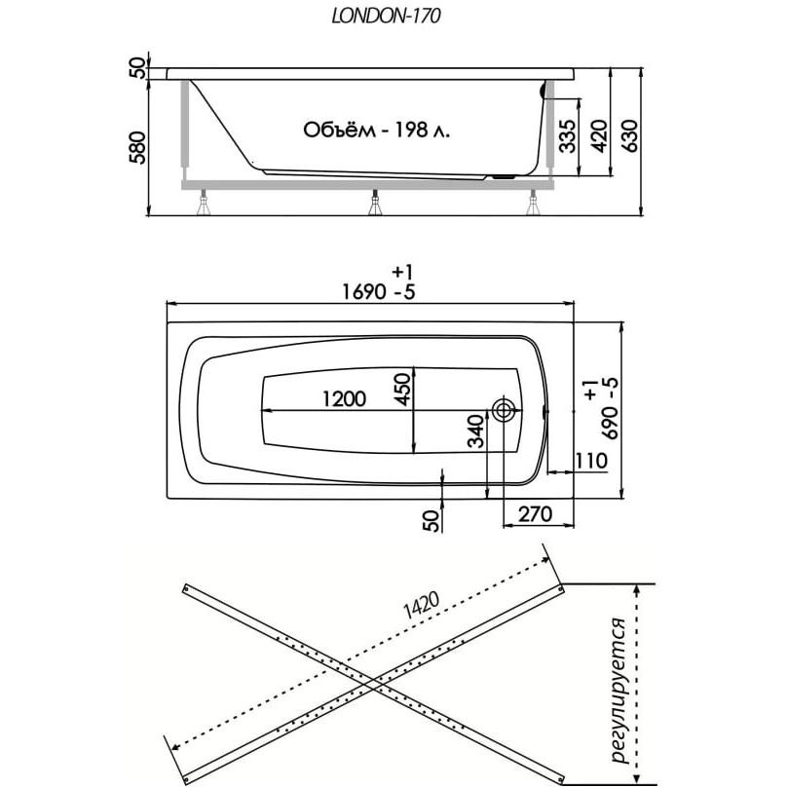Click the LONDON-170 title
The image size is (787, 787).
(x=386, y=16)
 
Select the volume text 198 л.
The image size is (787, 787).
(x=422, y=130)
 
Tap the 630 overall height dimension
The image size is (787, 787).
(x=630, y=135)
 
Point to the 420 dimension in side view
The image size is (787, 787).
(x=599, y=135)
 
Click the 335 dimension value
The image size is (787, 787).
(x=568, y=135)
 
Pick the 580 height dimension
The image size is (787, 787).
(x=137, y=147)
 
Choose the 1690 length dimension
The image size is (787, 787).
(x=364, y=291)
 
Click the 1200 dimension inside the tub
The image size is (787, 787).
(x=345, y=399)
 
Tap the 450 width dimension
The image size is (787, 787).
(x=402, y=389)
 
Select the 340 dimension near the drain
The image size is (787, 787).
(x=476, y=431)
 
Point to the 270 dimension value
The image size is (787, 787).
(x=535, y=514)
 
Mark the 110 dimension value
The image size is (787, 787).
(x=591, y=461)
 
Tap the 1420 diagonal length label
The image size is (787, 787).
(x=421, y=605)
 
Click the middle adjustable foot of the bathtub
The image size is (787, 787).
(x=375, y=203)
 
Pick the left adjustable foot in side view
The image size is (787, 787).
(x=204, y=203)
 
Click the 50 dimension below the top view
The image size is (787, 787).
(x=432, y=519)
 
